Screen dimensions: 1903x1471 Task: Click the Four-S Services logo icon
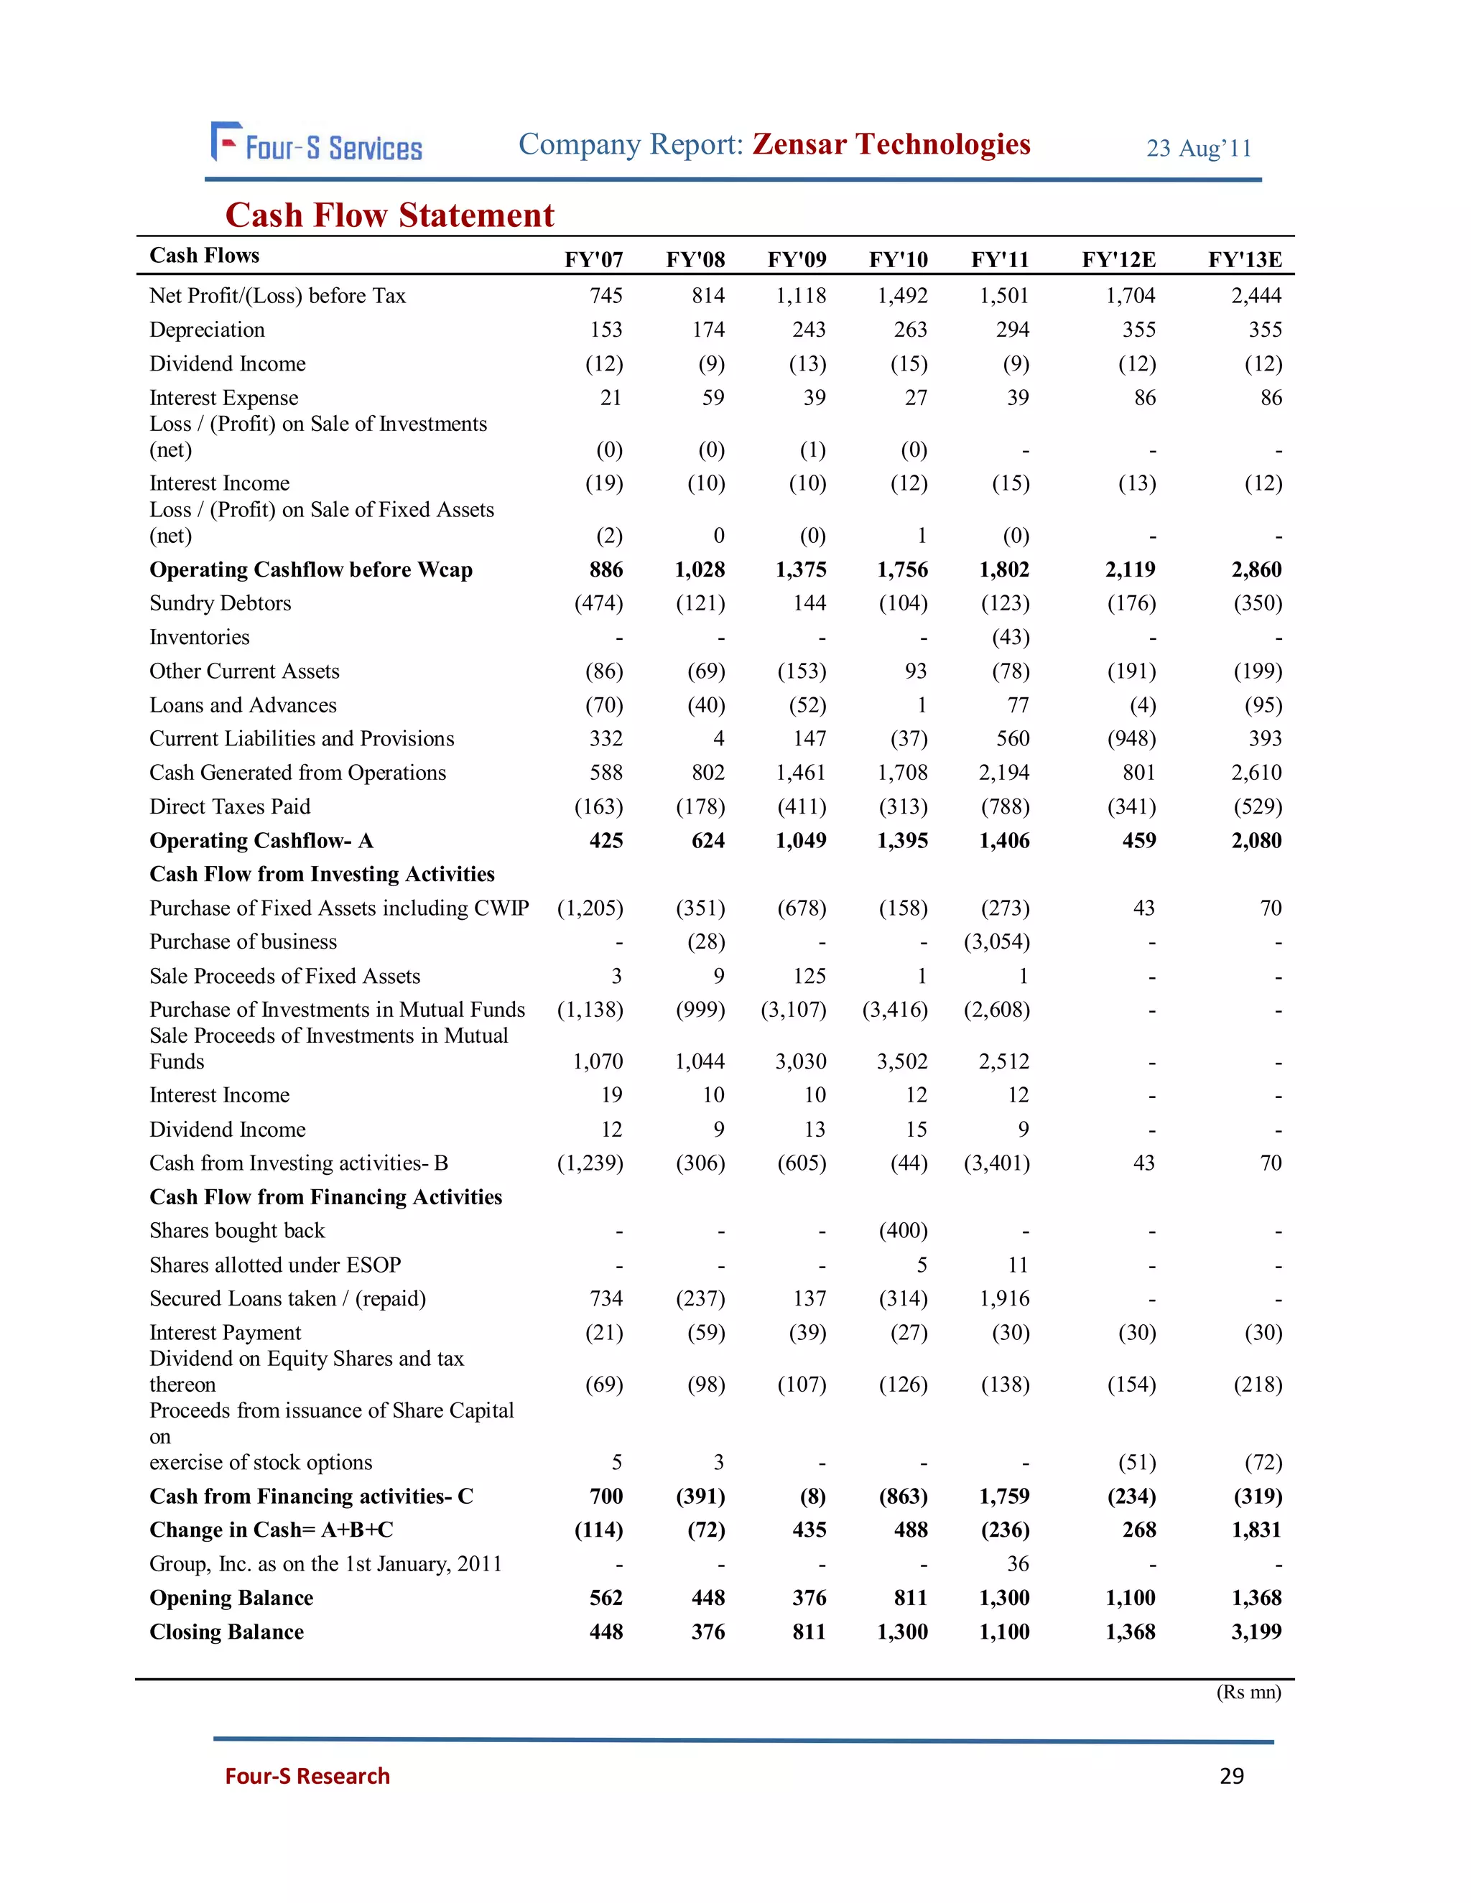tap(226, 142)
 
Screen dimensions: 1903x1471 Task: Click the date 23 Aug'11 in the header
tap(1198, 149)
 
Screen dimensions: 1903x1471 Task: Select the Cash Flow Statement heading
tap(389, 215)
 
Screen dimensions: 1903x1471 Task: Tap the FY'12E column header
tap(1118, 260)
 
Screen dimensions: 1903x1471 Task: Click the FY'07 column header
tap(593, 260)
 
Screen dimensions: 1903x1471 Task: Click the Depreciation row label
tap(208, 330)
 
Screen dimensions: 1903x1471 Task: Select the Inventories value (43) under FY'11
tap(1011, 638)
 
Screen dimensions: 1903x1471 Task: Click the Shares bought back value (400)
tap(903, 1231)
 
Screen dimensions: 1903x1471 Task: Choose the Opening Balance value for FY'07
tap(605, 1598)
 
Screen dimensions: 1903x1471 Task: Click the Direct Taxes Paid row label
tap(230, 807)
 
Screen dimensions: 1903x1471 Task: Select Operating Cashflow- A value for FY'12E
tap(1139, 841)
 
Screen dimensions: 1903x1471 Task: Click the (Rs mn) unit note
tap(1248, 1692)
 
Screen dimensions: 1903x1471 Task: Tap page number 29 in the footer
tap(1231, 1777)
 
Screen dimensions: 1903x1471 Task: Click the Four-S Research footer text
tap(307, 1777)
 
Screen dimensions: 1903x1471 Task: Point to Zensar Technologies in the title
tap(891, 144)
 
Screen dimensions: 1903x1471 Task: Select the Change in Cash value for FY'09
tap(809, 1530)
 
